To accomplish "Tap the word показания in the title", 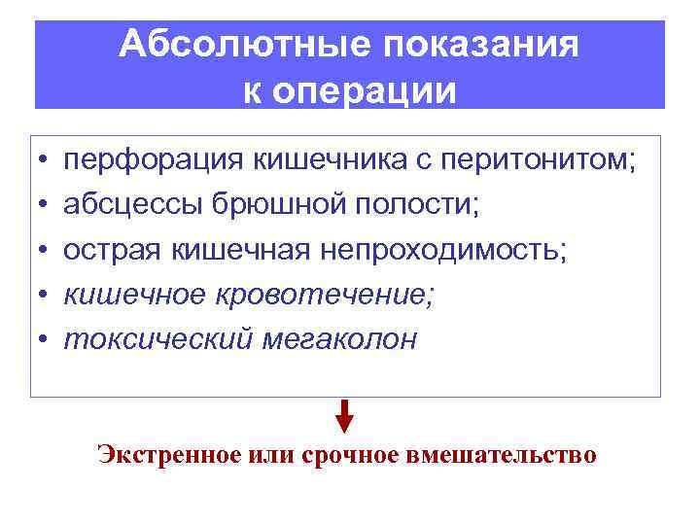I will point(473,45).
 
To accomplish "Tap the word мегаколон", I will point(334,339).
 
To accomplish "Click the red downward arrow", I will point(343,418).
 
